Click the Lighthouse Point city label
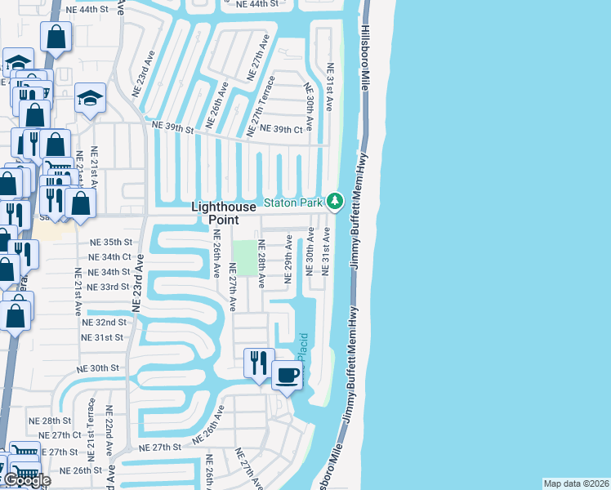pyautogui.click(x=215, y=213)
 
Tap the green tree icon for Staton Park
pyautogui.click(x=334, y=201)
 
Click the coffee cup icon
pyautogui.click(x=286, y=375)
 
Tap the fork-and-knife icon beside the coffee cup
pyautogui.click(x=259, y=361)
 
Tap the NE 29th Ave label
pyautogui.click(x=288, y=259)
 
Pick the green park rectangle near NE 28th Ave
pyautogui.click(x=244, y=258)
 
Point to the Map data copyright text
pyautogui.click(x=577, y=483)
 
